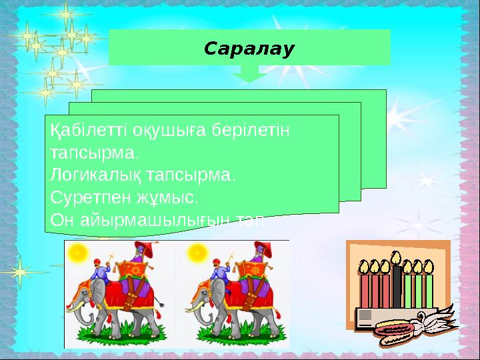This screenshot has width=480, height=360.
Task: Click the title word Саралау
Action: tap(249, 49)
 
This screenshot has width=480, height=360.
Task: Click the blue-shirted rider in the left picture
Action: tap(101, 273)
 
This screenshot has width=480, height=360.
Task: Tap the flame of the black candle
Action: tap(397, 257)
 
